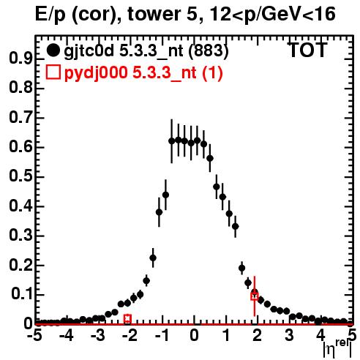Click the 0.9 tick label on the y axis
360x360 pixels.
(x=20, y=59)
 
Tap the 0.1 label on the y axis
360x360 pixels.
(x=22, y=293)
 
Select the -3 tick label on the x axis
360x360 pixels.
(x=99, y=335)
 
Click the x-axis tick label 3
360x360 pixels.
(x=289, y=335)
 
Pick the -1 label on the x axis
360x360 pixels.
(x=162, y=335)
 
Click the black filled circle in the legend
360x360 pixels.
(x=53, y=50)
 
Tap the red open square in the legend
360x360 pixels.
(x=53, y=72)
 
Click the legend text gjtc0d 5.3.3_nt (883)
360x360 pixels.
(x=146, y=51)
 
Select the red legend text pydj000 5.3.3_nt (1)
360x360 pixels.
(x=143, y=73)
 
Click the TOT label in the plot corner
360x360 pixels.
(x=307, y=50)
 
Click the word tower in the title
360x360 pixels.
(x=160, y=14)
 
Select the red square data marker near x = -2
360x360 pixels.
(x=127, y=318)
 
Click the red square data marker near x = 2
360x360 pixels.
(x=255, y=296)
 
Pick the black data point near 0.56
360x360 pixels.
(x=210, y=158)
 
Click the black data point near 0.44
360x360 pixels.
(x=165, y=195)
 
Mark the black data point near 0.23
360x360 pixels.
(x=153, y=258)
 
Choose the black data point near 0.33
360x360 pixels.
(x=236, y=226)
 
